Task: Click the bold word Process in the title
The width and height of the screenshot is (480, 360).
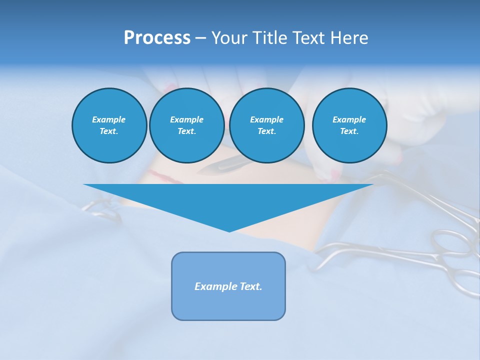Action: [x=157, y=38]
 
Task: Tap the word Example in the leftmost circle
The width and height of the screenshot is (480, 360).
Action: [x=109, y=119]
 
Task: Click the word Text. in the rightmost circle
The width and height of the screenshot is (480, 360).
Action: [x=349, y=131]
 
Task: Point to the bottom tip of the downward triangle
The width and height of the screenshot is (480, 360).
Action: [x=229, y=230]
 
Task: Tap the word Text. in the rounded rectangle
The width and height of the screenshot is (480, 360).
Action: [x=250, y=286]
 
